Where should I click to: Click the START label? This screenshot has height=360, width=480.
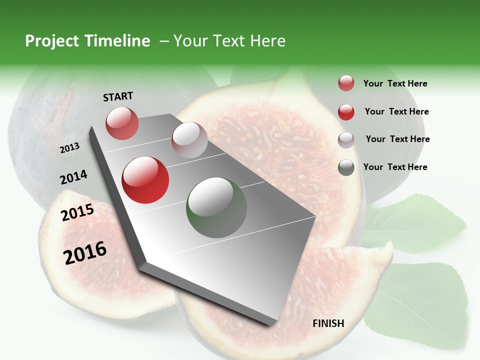point(118,96)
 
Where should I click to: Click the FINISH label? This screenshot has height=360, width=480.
point(328,323)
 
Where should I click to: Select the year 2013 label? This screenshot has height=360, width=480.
point(70,148)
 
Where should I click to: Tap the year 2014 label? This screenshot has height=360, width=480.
point(73,177)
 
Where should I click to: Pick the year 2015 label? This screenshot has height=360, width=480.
point(77,212)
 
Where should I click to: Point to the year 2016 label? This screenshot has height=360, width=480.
point(85,252)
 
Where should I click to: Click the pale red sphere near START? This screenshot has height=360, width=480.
point(122,123)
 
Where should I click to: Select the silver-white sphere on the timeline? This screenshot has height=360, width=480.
point(189,140)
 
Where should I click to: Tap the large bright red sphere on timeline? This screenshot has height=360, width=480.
point(145,180)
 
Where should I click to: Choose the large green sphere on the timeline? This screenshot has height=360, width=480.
point(216,207)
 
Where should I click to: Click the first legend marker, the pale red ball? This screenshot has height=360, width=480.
point(346,83)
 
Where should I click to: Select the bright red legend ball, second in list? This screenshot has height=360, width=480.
point(346,112)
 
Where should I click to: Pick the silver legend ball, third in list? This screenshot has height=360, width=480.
point(346,140)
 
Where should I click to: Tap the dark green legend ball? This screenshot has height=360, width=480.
point(346,167)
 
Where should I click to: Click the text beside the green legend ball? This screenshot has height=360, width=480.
point(395,167)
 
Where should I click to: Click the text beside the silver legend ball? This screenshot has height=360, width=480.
point(397,139)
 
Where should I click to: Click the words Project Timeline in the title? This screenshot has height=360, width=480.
point(87,41)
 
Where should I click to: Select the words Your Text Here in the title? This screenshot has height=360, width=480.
point(229,41)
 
